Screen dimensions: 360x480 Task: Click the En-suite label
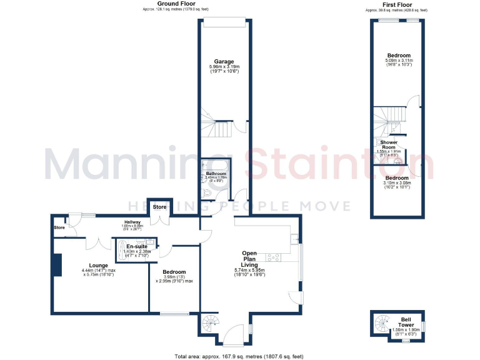pyautogui.click(x=136, y=246)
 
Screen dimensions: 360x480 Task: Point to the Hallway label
pyautogui.click(x=131, y=222)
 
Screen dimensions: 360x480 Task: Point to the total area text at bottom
pyautogui.click(x=239, y=356)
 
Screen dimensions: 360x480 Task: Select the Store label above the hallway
pyautogui.click(x=159, y=207)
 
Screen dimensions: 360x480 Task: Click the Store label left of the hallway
pyautogui.click(x=59, y=227)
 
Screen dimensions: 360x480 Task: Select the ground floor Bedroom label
pyautogui.click(x=174, y=272)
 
